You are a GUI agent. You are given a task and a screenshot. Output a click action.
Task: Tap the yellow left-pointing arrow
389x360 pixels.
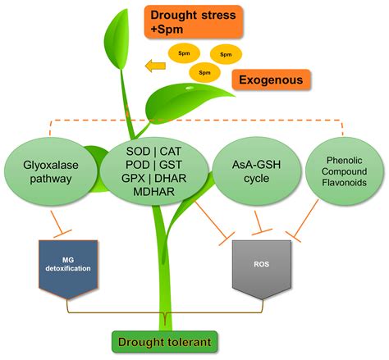pyautogui.click(x=154, y=65)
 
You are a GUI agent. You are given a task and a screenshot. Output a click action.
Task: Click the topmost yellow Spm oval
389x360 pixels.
pyautogui.click(x=183, y=52)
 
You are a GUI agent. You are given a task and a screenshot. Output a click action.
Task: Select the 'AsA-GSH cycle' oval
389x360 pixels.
pyautogui.click(x=251, y=171)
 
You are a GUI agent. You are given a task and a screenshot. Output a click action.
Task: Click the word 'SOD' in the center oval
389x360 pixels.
pyautogui.click(x=140, y=152)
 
